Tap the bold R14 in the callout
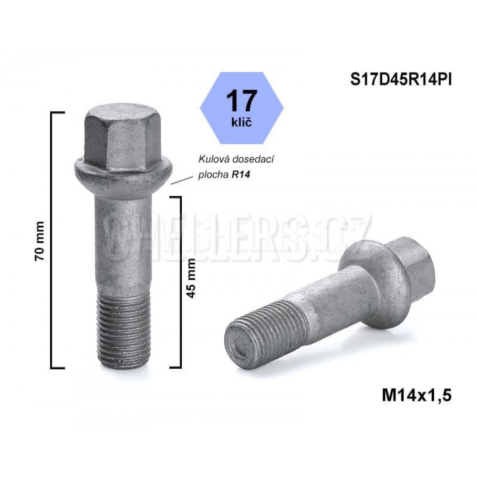[x=241, y=175]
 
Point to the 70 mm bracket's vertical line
[x=51, y=241]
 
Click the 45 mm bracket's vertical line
[x=181, y=281]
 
